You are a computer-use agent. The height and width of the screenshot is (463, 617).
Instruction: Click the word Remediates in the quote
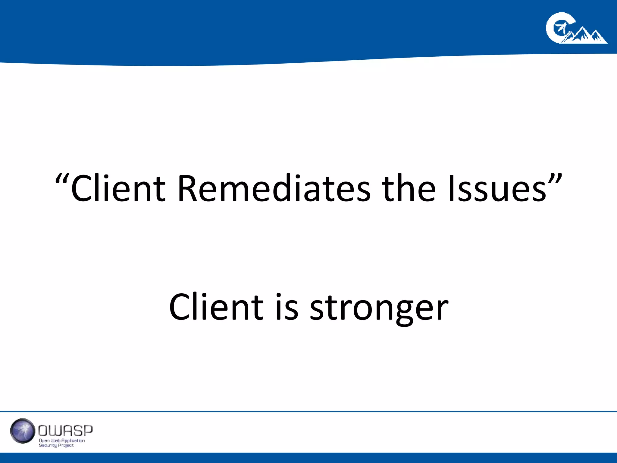[x=274, y=189]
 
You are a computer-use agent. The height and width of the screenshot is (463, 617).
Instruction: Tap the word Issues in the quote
[x=497, y=189]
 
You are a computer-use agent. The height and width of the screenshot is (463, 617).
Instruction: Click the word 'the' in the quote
[x=409, y=189]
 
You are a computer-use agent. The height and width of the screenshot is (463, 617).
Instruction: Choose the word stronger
[x=379, y=308]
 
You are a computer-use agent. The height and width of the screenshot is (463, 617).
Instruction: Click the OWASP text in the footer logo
[x=65, y=431]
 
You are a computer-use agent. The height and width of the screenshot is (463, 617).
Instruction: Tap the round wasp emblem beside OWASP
[x=23, y=431]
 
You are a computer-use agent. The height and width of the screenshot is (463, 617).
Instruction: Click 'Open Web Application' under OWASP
[x=62, y=441]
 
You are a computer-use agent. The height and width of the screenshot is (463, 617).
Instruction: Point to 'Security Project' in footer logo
[x=56, y=446]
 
